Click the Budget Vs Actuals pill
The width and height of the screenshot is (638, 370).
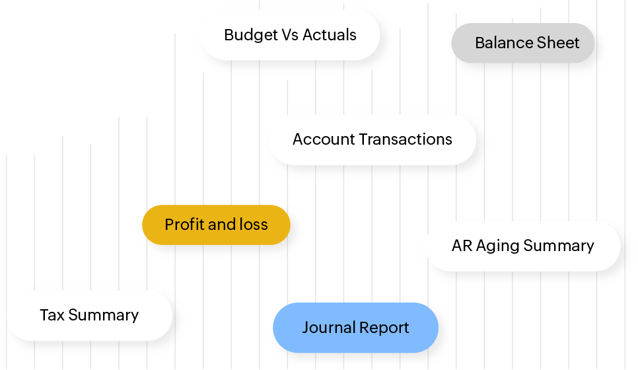coord(290,35)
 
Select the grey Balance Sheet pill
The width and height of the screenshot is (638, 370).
coord(527,43)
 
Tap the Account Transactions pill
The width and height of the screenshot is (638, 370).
coord(372,139)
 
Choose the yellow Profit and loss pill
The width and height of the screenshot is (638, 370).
coord(216,225)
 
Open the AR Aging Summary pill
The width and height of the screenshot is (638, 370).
coord(522,246)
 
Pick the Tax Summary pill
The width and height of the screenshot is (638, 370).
coord(89,315)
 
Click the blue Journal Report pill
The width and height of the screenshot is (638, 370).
coord(355,327)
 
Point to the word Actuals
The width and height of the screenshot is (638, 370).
coord(330,35)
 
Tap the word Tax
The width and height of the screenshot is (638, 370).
coord(52,315)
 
